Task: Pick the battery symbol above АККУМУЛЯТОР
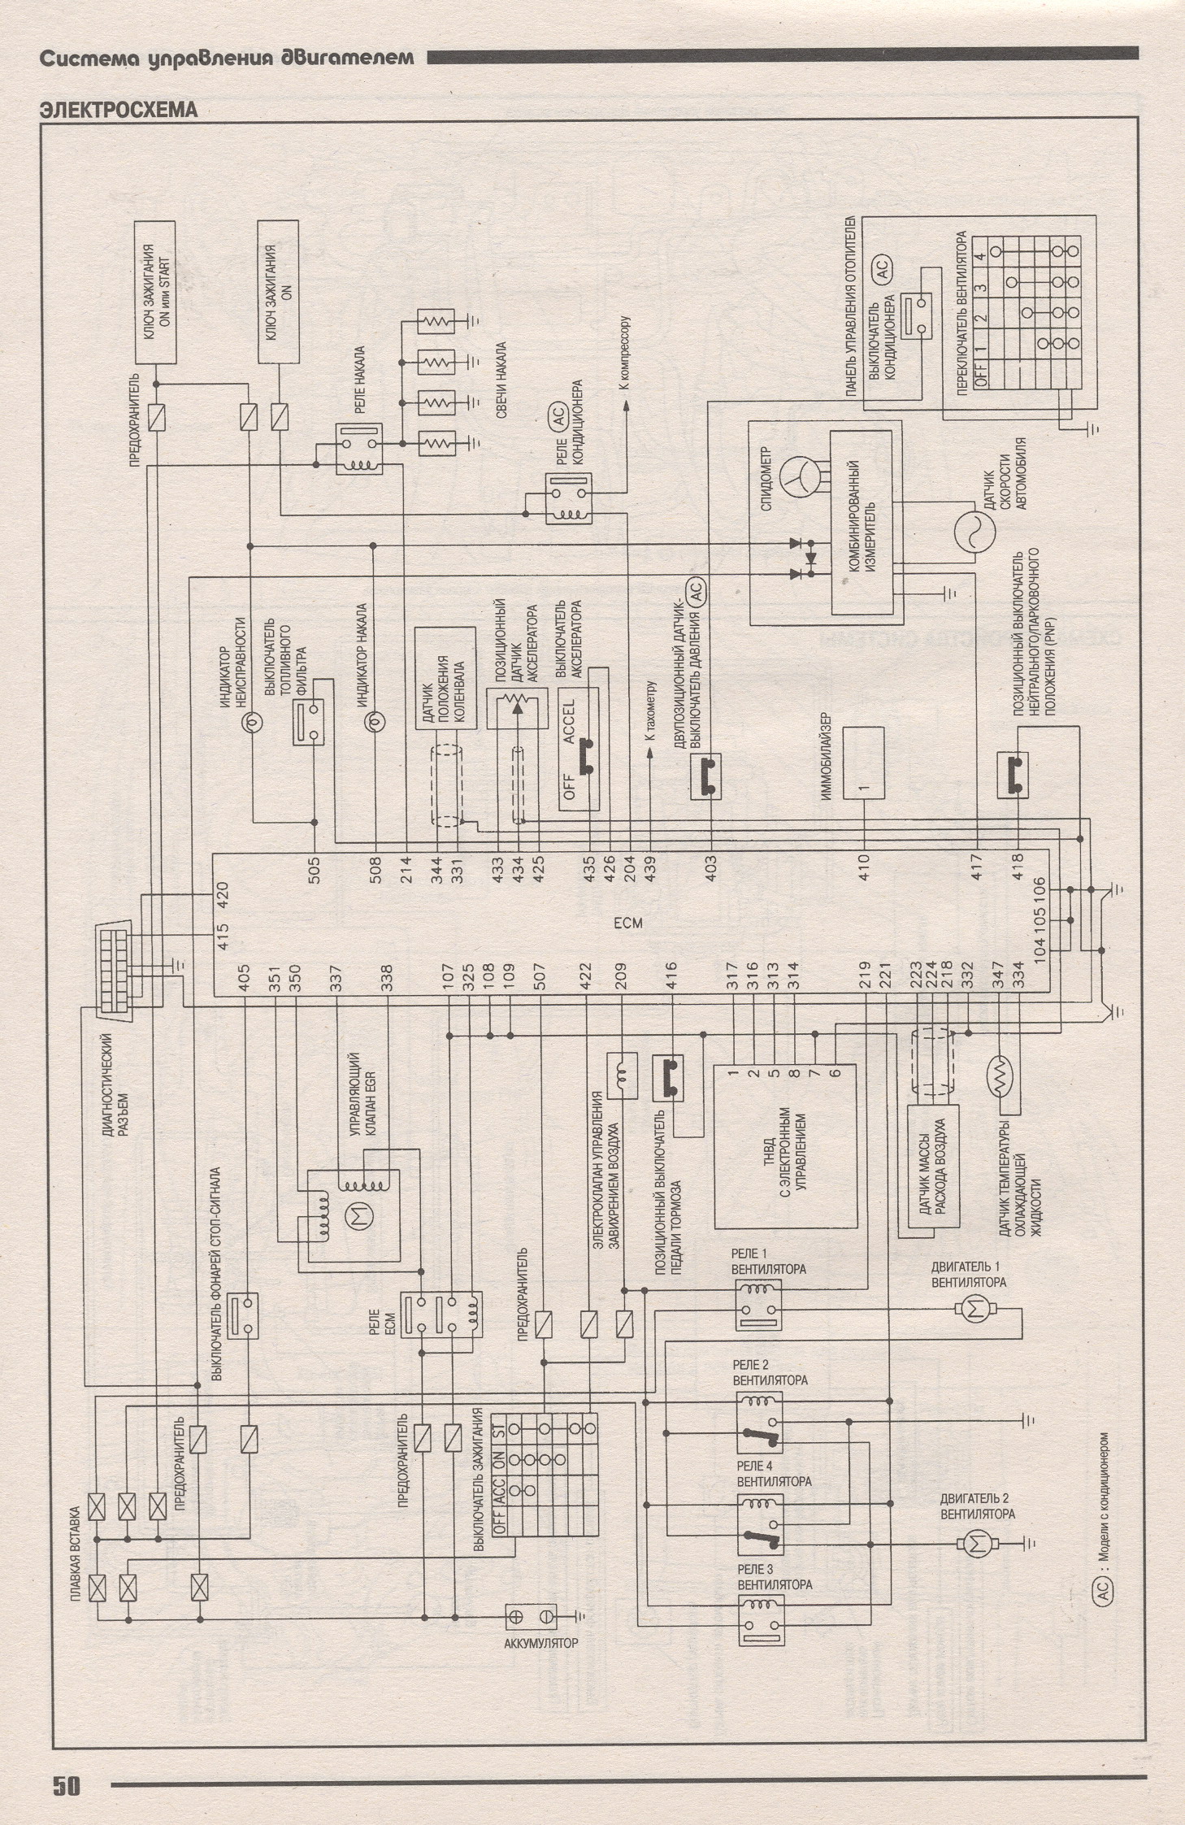[530, 1617]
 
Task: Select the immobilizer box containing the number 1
[862, 763]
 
